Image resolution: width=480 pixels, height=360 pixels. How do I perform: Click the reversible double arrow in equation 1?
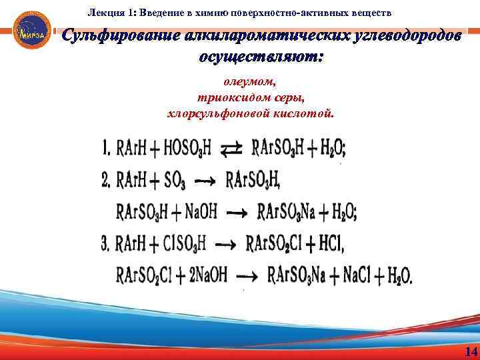[x=231, y=149]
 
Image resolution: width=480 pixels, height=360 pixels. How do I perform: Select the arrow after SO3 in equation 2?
[x=205, y=181]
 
